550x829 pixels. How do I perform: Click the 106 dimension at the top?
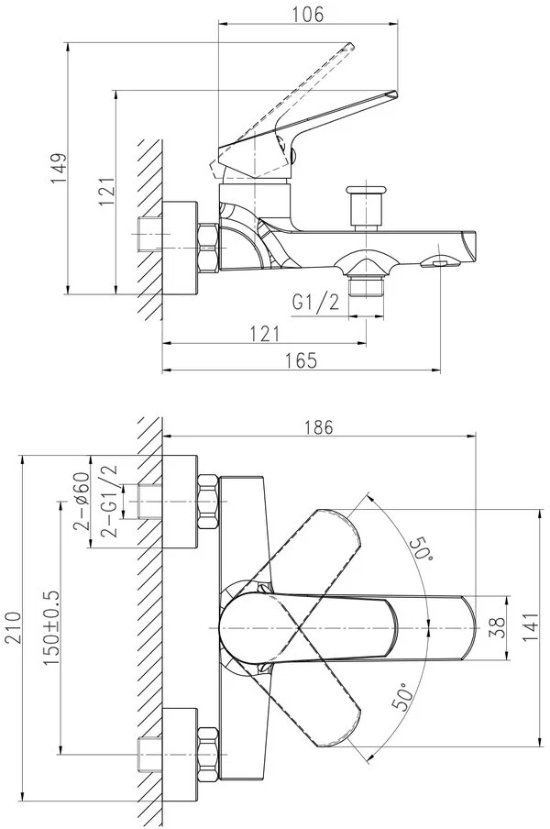pos(308,15)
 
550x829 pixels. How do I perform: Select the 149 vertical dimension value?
pos(60,168)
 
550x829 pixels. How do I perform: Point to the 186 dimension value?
pos(319,426)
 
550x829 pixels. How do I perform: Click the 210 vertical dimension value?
pos(11,627)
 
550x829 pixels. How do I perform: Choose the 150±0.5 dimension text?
pos(52,627)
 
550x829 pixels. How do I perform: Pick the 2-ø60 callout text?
pos(82,503)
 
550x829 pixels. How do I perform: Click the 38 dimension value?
pos(499,627)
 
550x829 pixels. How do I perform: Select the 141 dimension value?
pos(532,627)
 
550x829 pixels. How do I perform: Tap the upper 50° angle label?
pos(421,548)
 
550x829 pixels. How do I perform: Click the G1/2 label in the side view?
pos(315,304)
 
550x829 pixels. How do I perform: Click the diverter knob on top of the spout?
pos(365,206)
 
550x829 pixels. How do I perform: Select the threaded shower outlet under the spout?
pos(366,288)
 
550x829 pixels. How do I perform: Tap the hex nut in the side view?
pos(208,248)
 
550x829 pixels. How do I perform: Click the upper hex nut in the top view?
pos(208,502)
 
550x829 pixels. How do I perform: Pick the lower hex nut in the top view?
pos(208,755)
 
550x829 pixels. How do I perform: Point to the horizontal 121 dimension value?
pos(264,334)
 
